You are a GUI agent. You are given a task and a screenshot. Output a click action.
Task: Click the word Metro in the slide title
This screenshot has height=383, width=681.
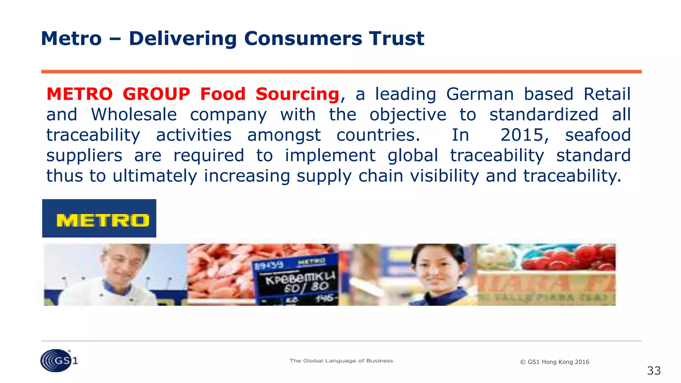tap(71, 38)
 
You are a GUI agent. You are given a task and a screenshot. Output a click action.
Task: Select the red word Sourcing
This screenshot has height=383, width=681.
tap(297, 94)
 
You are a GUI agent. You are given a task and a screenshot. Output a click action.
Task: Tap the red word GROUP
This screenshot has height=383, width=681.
tap(156, 94)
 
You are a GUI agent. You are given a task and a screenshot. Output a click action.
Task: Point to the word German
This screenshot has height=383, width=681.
tap(480, 94)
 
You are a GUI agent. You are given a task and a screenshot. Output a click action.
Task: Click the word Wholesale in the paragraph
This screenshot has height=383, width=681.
tap(134, 115)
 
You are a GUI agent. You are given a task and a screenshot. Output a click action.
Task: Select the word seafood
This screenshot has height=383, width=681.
tap(598, 135)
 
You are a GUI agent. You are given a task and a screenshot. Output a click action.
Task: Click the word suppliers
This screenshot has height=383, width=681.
tap(84, 156)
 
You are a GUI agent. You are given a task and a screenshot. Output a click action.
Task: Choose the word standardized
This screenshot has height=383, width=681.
tap(544, 115)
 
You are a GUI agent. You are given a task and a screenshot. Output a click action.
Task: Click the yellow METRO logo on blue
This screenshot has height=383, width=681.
tap(99, 218)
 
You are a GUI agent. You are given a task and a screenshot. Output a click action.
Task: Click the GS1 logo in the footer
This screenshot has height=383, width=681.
tap(59, 360)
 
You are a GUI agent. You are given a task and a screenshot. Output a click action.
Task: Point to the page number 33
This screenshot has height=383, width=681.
tap(654, 371)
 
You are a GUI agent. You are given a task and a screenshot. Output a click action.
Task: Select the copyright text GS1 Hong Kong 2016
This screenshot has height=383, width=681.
tap(555, 362)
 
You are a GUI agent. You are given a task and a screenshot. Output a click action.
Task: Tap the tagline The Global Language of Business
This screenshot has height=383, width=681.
tap(341, 361)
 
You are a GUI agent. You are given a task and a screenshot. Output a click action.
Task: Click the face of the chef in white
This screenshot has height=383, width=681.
tap(120, 264)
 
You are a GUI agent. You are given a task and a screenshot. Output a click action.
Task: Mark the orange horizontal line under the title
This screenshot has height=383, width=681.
tap(341, 71)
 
